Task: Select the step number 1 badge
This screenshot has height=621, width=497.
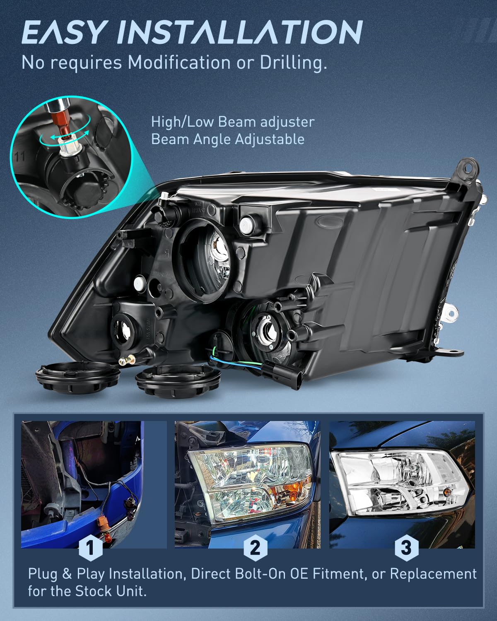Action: tap(90, 548)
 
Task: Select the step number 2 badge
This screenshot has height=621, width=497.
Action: tap(255, 548)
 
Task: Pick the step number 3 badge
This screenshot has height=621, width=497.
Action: tap(406, 548)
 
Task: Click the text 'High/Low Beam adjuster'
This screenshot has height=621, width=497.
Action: tap(233, 122)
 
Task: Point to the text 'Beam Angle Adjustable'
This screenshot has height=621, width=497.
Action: tap(228, 139)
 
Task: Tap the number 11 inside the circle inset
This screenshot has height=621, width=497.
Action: tap(19, 156)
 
